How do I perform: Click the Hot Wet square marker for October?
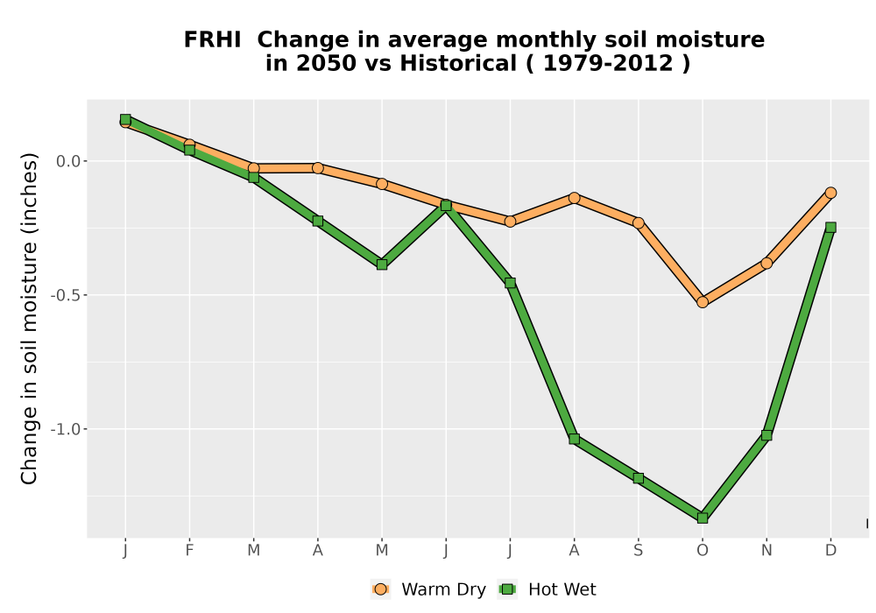(703, 518)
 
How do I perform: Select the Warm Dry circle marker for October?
(703, 302)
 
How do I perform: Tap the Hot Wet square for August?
(574, 439)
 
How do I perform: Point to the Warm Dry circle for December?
(830, 193)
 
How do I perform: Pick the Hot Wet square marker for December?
(830, 227)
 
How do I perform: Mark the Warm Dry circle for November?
(766, 263)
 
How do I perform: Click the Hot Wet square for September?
(638, 478)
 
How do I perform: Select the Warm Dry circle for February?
(189, 144)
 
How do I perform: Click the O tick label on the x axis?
(703, 551)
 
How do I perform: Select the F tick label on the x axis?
(189, 551)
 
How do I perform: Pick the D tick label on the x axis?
(830, 551)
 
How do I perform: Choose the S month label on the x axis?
(638, 551)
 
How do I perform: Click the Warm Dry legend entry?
(428, 589)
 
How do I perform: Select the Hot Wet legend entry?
(547, 589)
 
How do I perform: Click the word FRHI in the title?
(212, 39)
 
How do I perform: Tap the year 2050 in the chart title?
(326, 63)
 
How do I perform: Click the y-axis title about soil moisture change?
(29, 318)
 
